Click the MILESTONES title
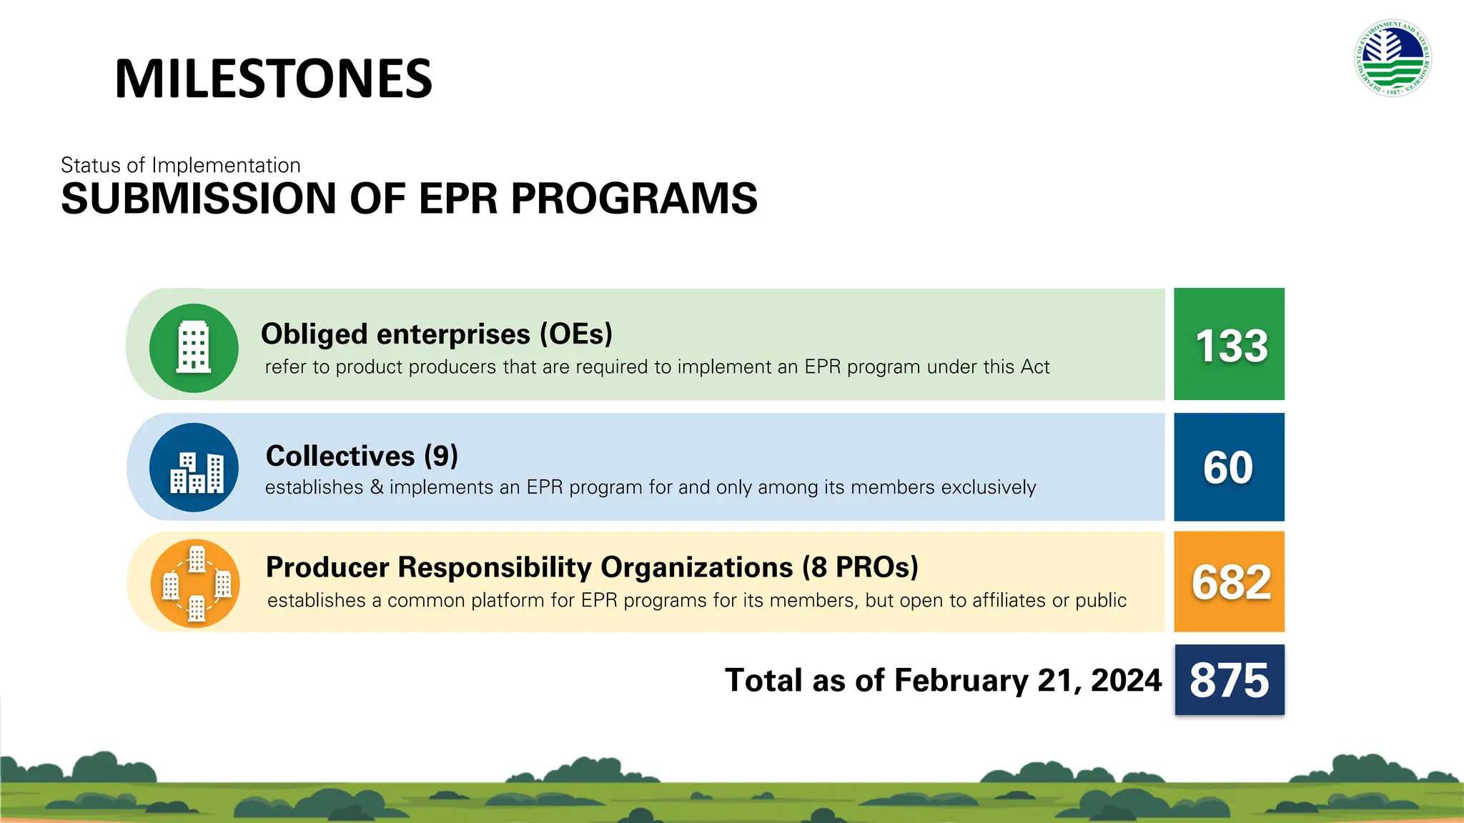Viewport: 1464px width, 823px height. click(x=273, y=79)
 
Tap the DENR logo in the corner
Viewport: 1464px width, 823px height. click(x=1392, y=58)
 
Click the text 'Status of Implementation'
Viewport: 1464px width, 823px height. click(x=180, y=165)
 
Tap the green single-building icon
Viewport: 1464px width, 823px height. click(x=194, y=348)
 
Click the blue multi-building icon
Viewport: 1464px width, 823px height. click(x=194, y=467)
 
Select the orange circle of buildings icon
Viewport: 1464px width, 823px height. click(x=195, y=583)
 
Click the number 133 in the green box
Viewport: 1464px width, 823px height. click(x=1230, y=346)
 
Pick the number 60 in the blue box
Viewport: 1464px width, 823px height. click(x=1228, y=468)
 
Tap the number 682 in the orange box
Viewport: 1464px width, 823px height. click(x=1230, y=582)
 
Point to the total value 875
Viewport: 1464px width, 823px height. click(x=1229, y=680)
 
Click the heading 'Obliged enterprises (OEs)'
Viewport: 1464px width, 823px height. click(x=436, y=334)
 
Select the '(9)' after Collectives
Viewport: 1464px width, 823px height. click(x=440, y=456)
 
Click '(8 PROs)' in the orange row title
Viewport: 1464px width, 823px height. click(x=859, y=567)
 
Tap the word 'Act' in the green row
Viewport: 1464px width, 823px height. click(x=1034, y=367)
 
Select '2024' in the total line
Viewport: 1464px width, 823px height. click(x=1126, y=681)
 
